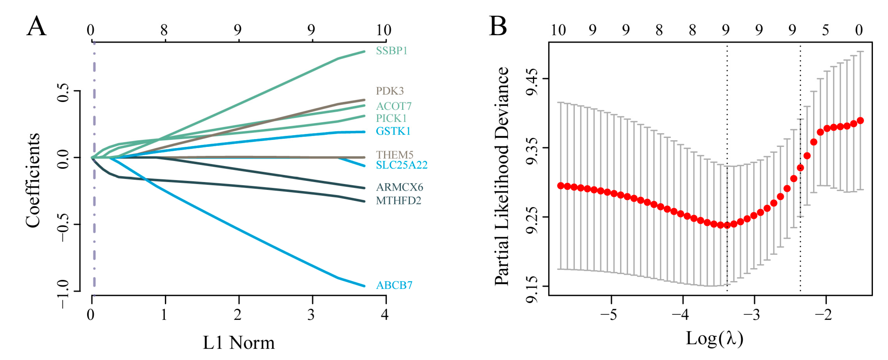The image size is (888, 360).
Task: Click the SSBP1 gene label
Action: pos(391,51)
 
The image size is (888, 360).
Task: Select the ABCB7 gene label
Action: pos(394,285)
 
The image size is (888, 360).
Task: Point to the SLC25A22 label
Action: pos(401,165)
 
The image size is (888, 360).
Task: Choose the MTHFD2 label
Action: pos(398,200)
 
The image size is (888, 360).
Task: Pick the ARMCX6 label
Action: pos(399,187)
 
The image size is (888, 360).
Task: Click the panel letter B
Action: pos(498,26)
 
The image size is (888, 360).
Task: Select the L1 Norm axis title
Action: pos(239,343)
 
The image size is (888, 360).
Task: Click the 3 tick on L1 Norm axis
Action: pos(311,314)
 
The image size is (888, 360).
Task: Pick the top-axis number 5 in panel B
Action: pos(825,30)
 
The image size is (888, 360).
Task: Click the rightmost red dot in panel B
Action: pos(860,121)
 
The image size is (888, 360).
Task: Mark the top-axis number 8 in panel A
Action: pos(164,30)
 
